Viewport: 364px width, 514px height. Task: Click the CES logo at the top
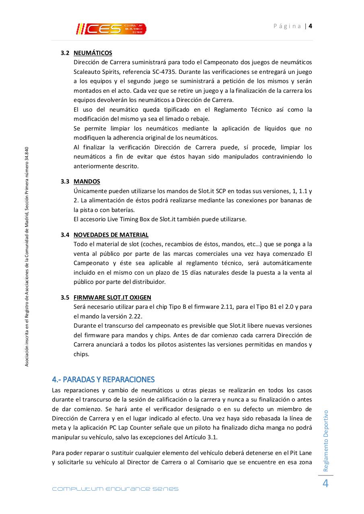click(x=111, y=29)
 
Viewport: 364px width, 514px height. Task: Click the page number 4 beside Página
click(x=311, y=26)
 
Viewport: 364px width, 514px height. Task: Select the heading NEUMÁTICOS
click(x=93, y=53)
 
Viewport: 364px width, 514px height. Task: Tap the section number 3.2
click(x=65, y=53)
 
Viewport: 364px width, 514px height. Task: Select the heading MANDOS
click(x=87, y=182)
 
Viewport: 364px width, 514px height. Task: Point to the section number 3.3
click(x=65, y=182)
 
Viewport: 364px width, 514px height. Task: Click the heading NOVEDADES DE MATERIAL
click(x=111, y=235)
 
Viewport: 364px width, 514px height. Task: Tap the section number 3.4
click(x=65, y=235)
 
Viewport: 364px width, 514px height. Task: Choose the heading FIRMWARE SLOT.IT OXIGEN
click(x=112, y=298)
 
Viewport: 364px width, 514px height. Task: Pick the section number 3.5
click(x=65, y=298)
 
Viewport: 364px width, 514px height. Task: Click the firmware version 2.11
click(x=228, y=307)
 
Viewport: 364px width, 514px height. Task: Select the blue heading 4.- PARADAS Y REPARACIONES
click(x=103, y=379)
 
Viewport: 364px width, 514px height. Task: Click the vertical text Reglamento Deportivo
click(x=326, y=441)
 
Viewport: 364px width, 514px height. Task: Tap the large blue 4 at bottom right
click(x=325, y=484)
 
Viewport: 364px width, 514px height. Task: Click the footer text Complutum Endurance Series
click(x=115, y=489)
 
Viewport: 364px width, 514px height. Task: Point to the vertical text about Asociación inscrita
click(x=27, y=257)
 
